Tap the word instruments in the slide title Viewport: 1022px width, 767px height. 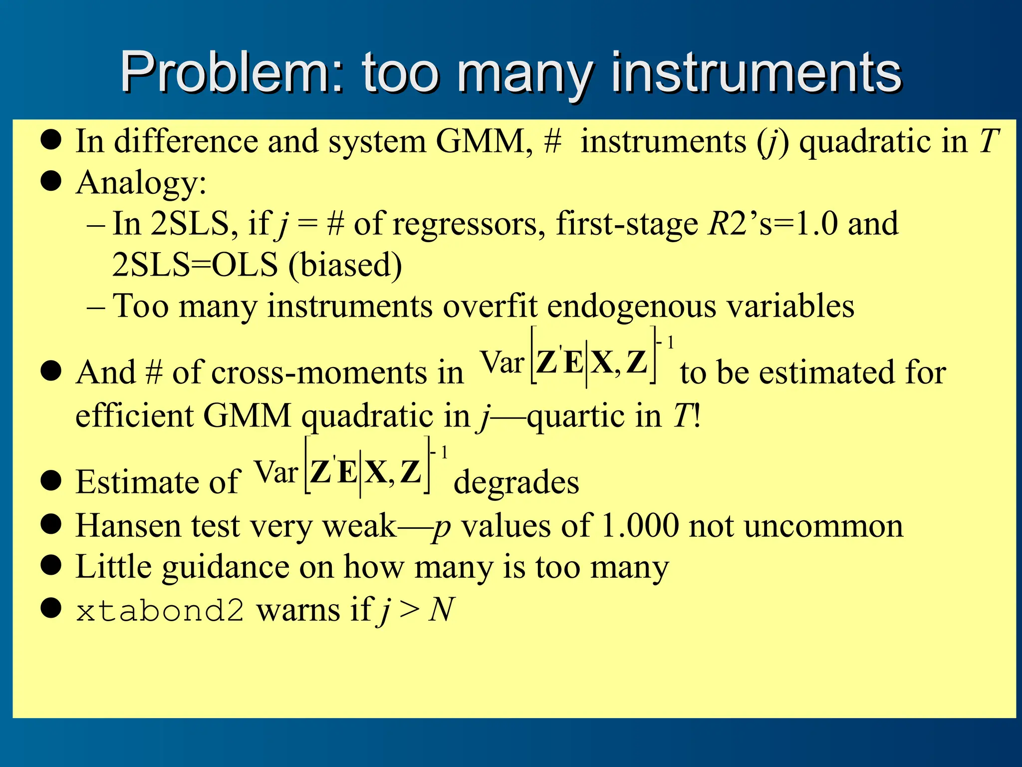click(x=757, y=74)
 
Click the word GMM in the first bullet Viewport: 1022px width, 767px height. click(x=479, y=141)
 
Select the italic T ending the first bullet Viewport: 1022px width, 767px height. click(x=989, y=141)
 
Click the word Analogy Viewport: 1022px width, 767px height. click(x=141, y=183)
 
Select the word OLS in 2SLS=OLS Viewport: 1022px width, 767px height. click(x=245, y=265)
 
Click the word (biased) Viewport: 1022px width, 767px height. click(x=345, y=265)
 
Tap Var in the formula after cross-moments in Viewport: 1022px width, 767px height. click(x=502, y=362)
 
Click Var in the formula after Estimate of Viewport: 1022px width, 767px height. click(x=276, y=472)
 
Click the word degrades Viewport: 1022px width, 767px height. click(x=516, y=483)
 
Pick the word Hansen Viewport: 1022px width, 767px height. click(x=128, y=526)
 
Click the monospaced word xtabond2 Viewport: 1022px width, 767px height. click(x=160, y=610)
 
